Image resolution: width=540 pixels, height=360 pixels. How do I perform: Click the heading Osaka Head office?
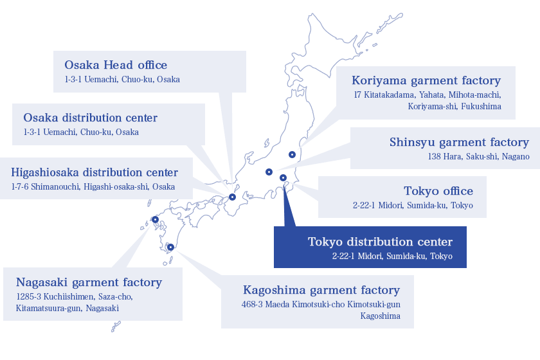[x=116, y=65]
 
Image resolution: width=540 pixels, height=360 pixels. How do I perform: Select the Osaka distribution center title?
[x=90, y=118]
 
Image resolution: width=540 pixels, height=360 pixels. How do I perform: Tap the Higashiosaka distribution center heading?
[x=94, y=172]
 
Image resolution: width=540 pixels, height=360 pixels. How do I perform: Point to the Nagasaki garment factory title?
[x=89, y=282]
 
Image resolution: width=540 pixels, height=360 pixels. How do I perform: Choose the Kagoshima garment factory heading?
[x=321, y=290]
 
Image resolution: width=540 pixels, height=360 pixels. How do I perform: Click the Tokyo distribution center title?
[x=380, y=242]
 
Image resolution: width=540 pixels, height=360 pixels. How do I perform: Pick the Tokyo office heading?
[x=438, y=191]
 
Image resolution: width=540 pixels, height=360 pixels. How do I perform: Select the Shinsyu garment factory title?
[x=459, y=142]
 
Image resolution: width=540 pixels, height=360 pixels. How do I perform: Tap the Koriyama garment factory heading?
[x=426, y=80]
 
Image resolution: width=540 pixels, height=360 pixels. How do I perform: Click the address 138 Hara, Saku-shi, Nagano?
[x=479, y=157]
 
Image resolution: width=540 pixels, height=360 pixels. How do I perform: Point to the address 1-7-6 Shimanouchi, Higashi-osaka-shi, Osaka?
[x=93, y=186]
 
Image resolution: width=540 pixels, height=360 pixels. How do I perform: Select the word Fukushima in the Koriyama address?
[x=481, y=107]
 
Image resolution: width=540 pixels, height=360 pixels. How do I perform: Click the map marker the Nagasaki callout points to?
[x=156, y=219]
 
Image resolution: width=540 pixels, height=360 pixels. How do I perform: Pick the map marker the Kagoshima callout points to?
[x=170, y=247]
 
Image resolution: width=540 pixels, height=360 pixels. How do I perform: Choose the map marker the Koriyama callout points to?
[x=292, y=155]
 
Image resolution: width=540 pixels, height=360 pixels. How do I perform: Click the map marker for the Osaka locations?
[x=233, y=197]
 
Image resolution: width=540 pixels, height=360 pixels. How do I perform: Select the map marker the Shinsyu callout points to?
[x=269, y=172]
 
